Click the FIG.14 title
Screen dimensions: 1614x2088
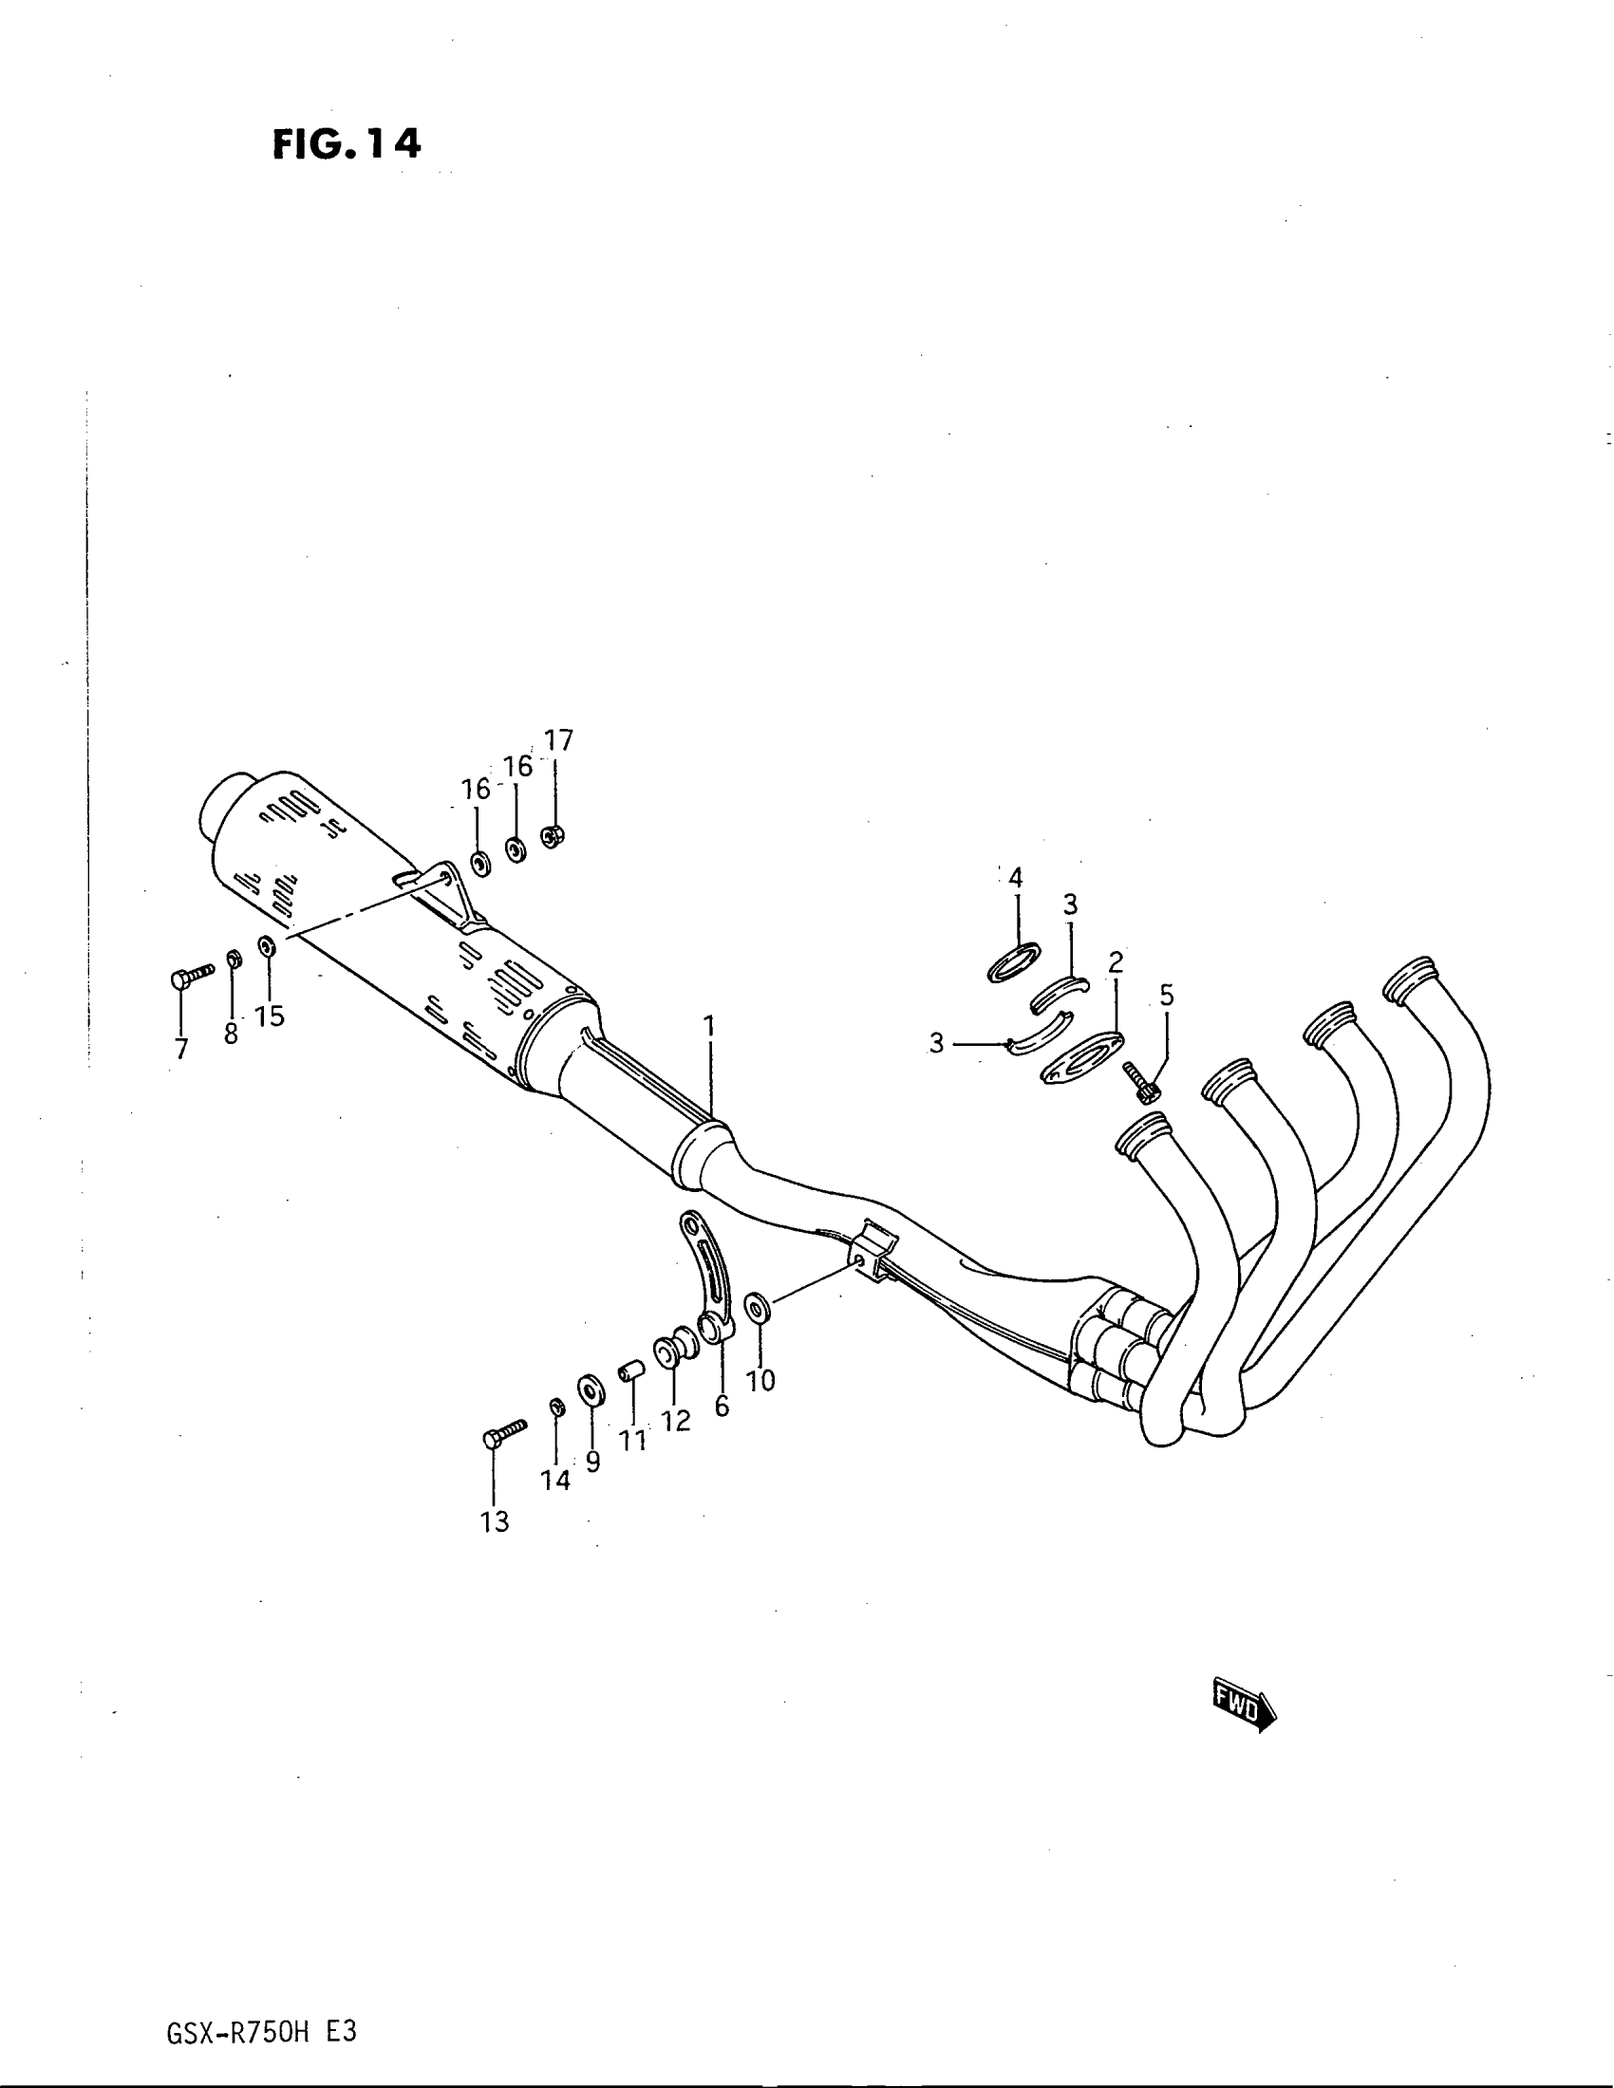click(x=347, y=143)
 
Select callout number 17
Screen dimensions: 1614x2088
click(x=558, y=740)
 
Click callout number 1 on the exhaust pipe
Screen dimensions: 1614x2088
click(x=708, y=1027)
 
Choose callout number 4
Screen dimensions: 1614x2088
click(x=1016, y=878)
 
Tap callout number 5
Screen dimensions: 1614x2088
click(x=1167, y=997)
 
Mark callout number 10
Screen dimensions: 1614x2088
click(x=761, y=1381)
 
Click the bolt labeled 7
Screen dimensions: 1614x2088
click(x=191, y=976)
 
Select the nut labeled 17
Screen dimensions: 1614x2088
click(x=553, y=835)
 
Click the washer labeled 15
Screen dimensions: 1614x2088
click(x=268, y=946)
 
